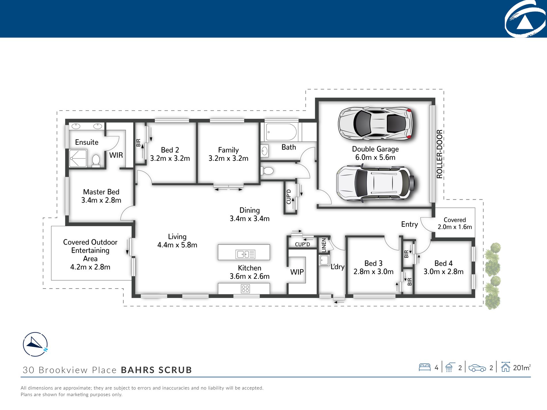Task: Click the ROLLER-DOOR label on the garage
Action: click(x=439, y=154)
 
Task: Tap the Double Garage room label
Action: click(x=375, y=153)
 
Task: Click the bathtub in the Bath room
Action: click(x=281, y=132)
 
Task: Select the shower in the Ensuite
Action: click(x=78, y=158)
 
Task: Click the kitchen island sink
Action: click(x=245, y=254)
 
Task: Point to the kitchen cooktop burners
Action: click(x=245, y=289)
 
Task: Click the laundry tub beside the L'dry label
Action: click(x=324, y=260)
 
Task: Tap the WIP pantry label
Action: click(x=297, y=272)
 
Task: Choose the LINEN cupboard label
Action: click(x=324, y=245)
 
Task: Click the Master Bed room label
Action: click(x=101, y=196)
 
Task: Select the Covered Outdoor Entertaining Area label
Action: click(x=90, y=254)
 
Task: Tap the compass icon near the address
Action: click(x=35, y=344)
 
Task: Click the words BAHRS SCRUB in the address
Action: click(x=156, y=370)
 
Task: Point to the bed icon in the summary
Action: click(x=425, y=367)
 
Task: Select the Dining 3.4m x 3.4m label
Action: click(x=250, y=214)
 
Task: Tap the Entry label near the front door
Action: click(x=409, y=224)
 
